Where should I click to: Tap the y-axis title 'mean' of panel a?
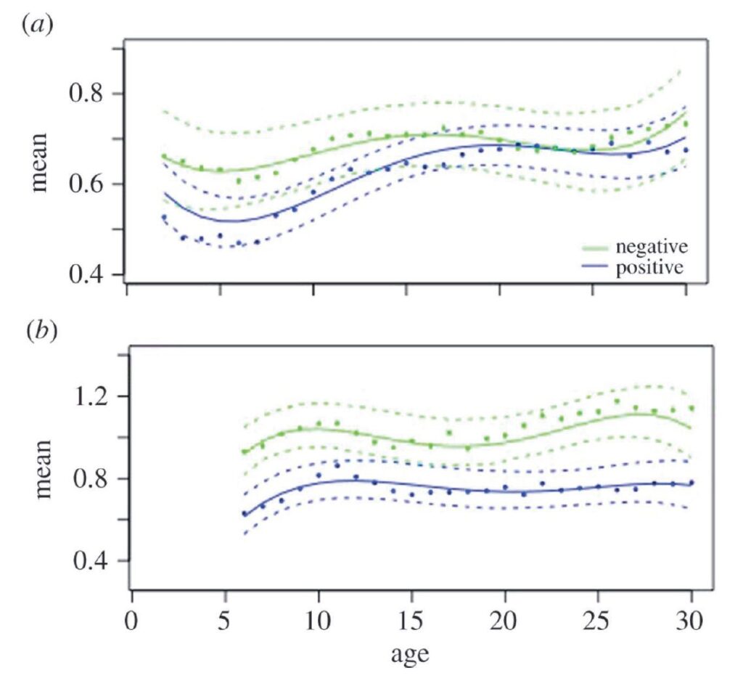click(x=40, y=161)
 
